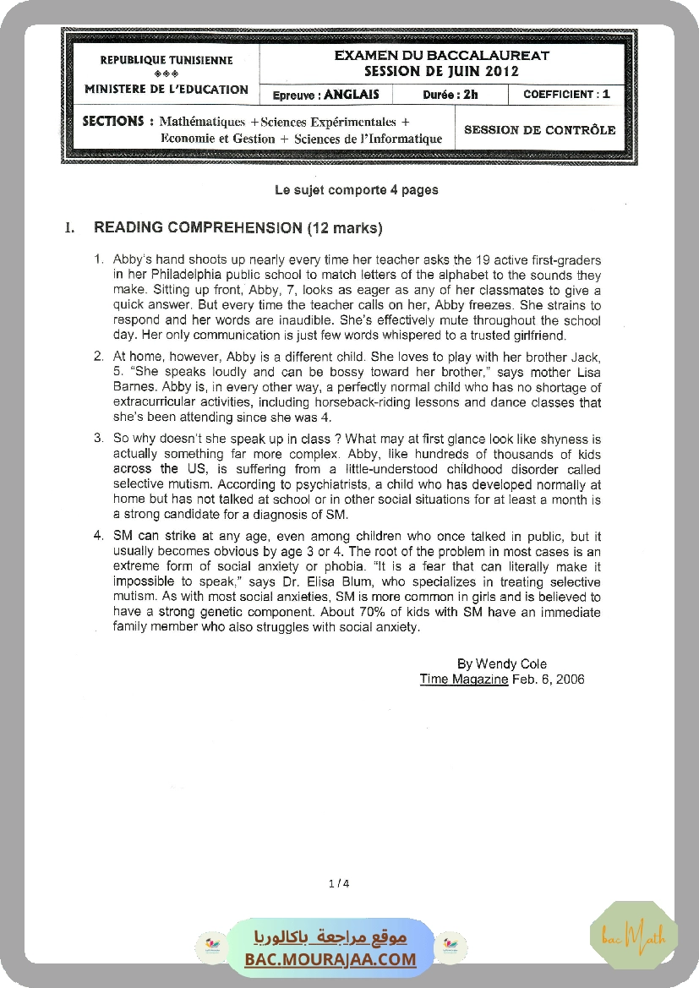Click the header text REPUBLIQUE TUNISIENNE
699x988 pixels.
pos(167,60)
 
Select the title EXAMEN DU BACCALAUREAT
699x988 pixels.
pos(442,56)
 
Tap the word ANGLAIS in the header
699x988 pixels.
pos(352,95)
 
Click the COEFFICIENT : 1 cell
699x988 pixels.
pos(566,95)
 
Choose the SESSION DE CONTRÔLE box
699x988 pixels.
pos(539,130)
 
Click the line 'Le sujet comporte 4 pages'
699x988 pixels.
pos(357,190)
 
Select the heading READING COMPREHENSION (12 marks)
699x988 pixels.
pos(238,228)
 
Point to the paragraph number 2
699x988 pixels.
pos(97,357)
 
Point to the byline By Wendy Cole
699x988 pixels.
pos(501,664)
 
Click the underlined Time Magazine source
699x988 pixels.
pos(464,680)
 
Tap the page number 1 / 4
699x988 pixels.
pos(338,884)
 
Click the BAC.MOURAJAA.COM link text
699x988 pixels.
pos(330,959)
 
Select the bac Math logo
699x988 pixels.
pos(634,936)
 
